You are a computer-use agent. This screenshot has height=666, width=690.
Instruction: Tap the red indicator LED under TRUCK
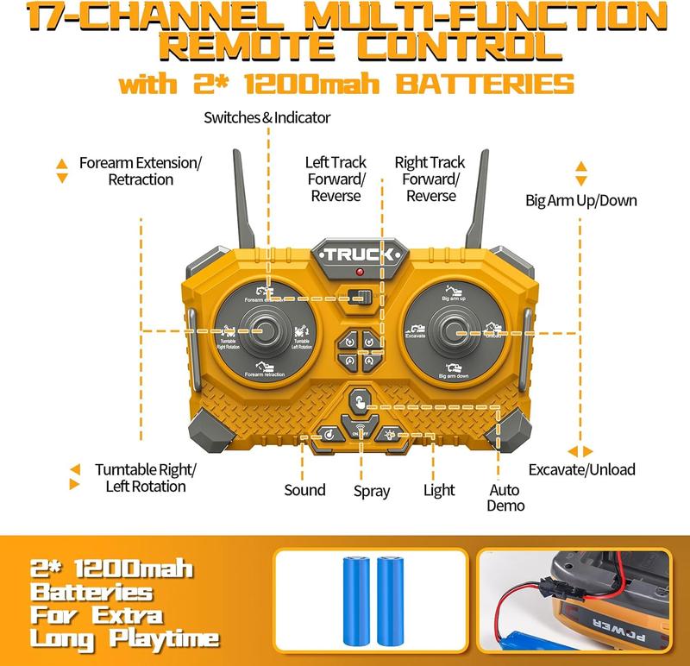[359, 273]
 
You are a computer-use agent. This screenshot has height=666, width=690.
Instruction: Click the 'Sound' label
[304, 490]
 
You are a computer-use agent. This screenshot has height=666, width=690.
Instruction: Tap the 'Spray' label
[372, 491]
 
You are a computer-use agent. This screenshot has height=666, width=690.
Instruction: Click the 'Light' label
[439, 490]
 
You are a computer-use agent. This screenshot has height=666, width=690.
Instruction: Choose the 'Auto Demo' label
[505, 497]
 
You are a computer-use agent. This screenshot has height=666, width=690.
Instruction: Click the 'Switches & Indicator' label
[267, 117]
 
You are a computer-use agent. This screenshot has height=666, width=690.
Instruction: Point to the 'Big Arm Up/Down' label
[581, 200]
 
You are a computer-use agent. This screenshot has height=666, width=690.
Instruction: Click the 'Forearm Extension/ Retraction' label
[140, 171]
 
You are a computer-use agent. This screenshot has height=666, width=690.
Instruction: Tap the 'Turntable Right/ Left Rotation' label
[146, 478]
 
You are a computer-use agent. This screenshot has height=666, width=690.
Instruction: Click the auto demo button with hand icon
[359, 401]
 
